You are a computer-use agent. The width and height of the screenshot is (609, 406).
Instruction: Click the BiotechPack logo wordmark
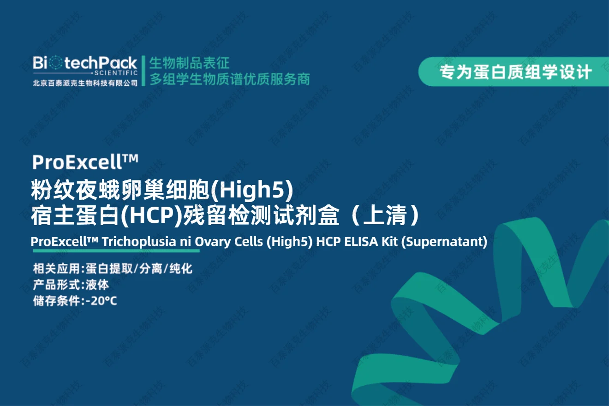pyautogui.click(x=85, y=63)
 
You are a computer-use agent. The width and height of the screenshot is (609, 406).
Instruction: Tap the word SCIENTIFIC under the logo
pyautogui.click(x=116, y=73)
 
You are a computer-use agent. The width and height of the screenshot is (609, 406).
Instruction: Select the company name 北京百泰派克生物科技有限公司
pyautogui.click(x=85, y=83)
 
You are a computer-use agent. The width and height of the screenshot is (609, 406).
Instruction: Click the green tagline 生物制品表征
pyautogui.click(x=189, y=63)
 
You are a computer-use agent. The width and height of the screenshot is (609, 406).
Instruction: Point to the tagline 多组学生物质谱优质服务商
pyautogui.click(x=230, y=79)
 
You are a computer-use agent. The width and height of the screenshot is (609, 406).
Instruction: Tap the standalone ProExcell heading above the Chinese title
pyautogui.click(x=85, y=162)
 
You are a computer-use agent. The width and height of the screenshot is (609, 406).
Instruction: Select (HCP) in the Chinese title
pyautogui.click(x=151, y=215)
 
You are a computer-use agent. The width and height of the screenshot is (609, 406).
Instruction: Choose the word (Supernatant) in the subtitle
pyautogui.click(x=444, y=242)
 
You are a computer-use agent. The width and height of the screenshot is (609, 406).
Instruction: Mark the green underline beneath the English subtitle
pyautogui.click(x=116, y=251)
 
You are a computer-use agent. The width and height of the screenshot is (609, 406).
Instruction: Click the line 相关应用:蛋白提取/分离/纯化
pyautogui.click(x=113, y=269)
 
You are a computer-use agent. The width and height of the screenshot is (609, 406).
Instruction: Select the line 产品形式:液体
pyautogui.click(x=71, y=285)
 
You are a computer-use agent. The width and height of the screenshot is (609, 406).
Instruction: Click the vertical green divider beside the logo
pyautogui.click(x=143, y=71)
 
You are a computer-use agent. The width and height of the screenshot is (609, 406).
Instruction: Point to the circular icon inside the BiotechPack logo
pyautogui.click(x=55, y=63)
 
